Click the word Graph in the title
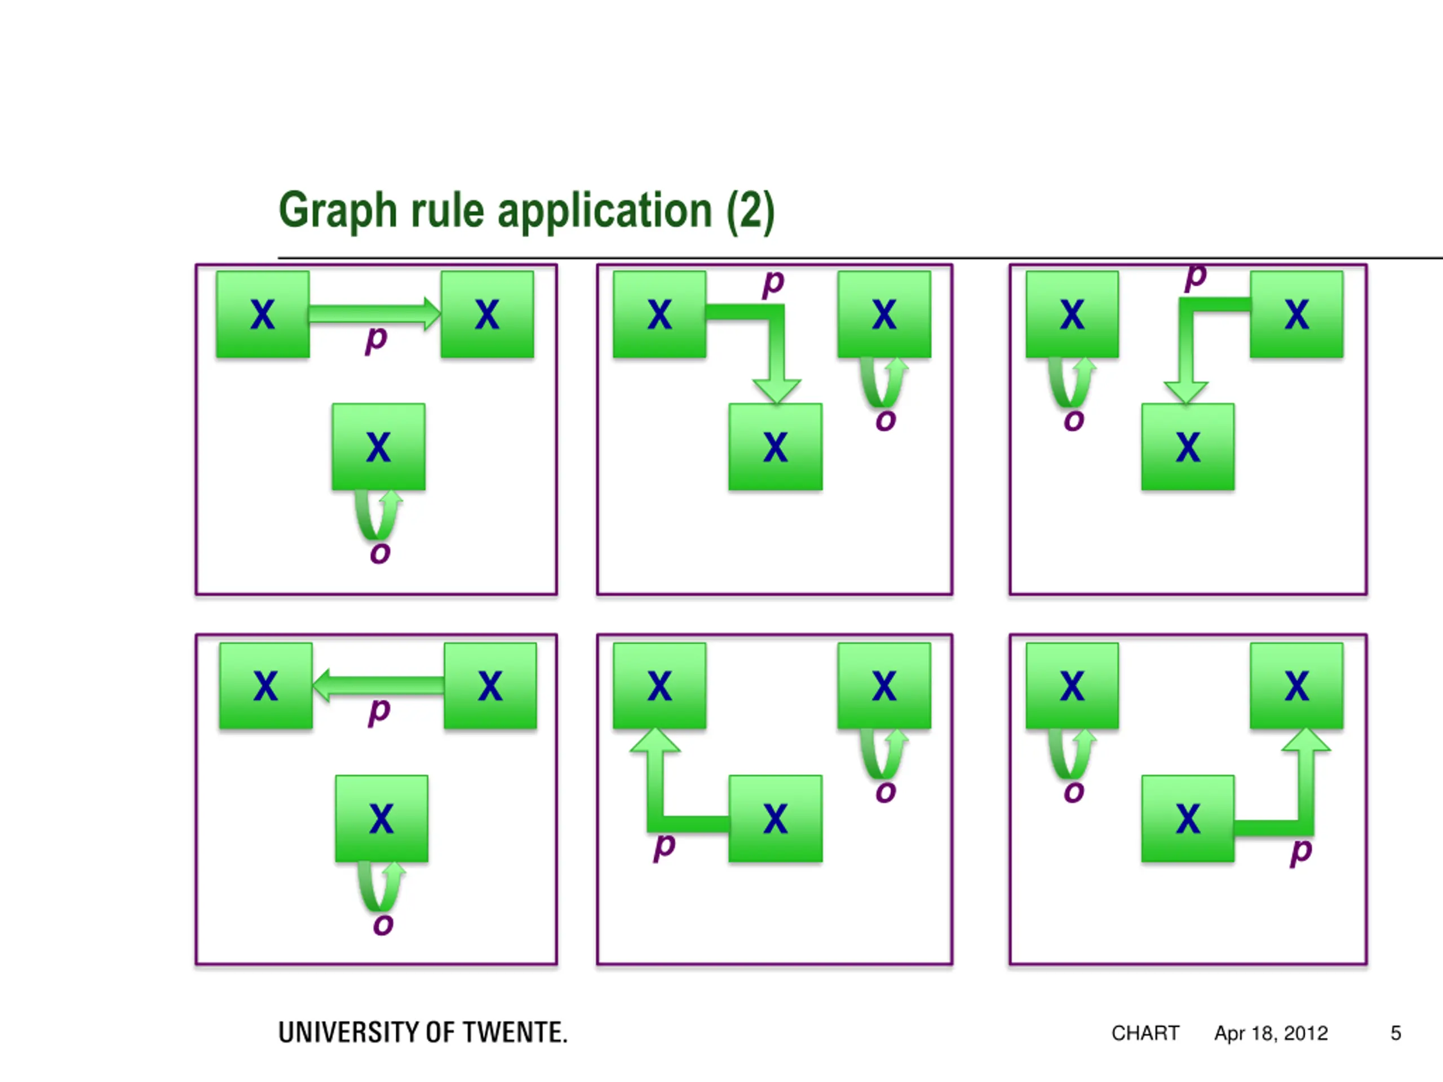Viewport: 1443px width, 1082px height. coord(338,211)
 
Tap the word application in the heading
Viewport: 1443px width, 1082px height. coord(605,211)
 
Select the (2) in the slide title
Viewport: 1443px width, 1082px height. coord(751,211)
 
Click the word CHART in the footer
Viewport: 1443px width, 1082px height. coord(1145,1033)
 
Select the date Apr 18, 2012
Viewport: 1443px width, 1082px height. coord(1271,1034)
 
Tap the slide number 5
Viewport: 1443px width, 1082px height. coord(1396,1033)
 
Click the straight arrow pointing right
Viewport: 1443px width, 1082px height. coord(375,314)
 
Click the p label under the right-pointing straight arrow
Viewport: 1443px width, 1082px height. coord(377,339)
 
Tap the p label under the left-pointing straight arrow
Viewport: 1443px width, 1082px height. coord(379,711)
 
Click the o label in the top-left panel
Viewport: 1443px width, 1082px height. coord(380,553)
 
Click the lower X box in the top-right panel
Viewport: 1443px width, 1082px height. coord(1188,447)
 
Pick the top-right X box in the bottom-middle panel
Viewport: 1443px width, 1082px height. coord(884,685)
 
